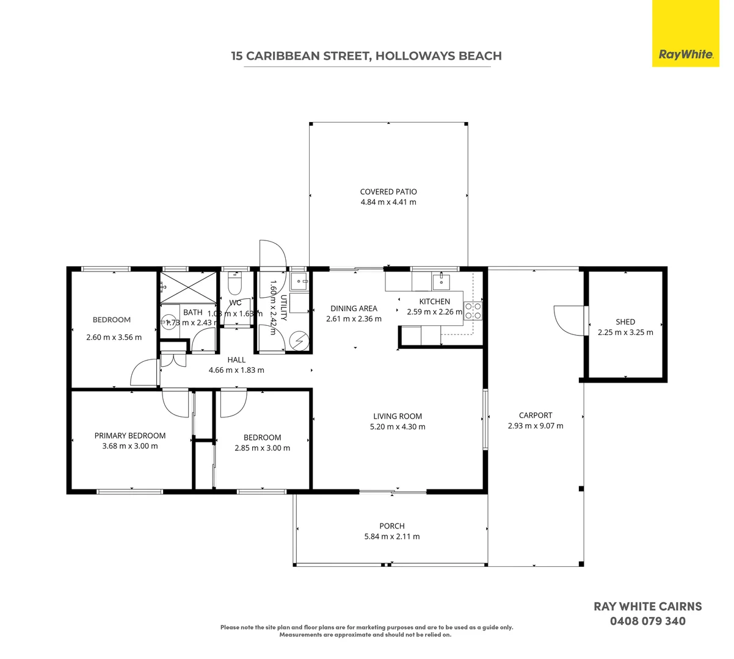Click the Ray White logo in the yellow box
click(685, 54)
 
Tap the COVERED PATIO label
click(388, 192)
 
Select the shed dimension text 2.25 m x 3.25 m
click(625, 333)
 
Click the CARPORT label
click(536, 416)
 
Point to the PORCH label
click(392, 526)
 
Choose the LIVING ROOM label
click(398, 417)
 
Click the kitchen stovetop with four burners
click(473, 311)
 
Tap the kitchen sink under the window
click(441, 281)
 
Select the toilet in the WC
click(234, 284)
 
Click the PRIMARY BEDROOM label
click(130, 436)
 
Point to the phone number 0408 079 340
click(648, 622)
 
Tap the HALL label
click(236, 360)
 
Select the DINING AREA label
click(354, 309)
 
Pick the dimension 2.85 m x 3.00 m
click(263, 448)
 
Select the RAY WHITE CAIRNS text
click(648, 607)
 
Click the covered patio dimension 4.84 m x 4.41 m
click(388, 202)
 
